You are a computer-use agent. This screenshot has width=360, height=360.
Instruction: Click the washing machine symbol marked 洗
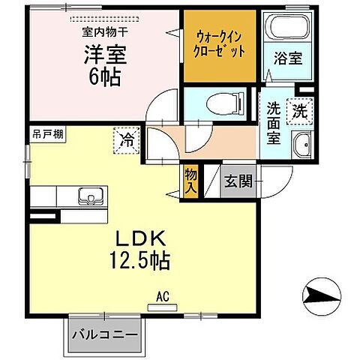pyautogui.click(x=298, y=110)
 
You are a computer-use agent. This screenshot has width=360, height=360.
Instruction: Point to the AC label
pyautogui.click(x=161, y=297)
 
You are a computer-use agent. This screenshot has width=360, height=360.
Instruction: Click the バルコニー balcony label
pyautogui.click(x=105, y=334)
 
